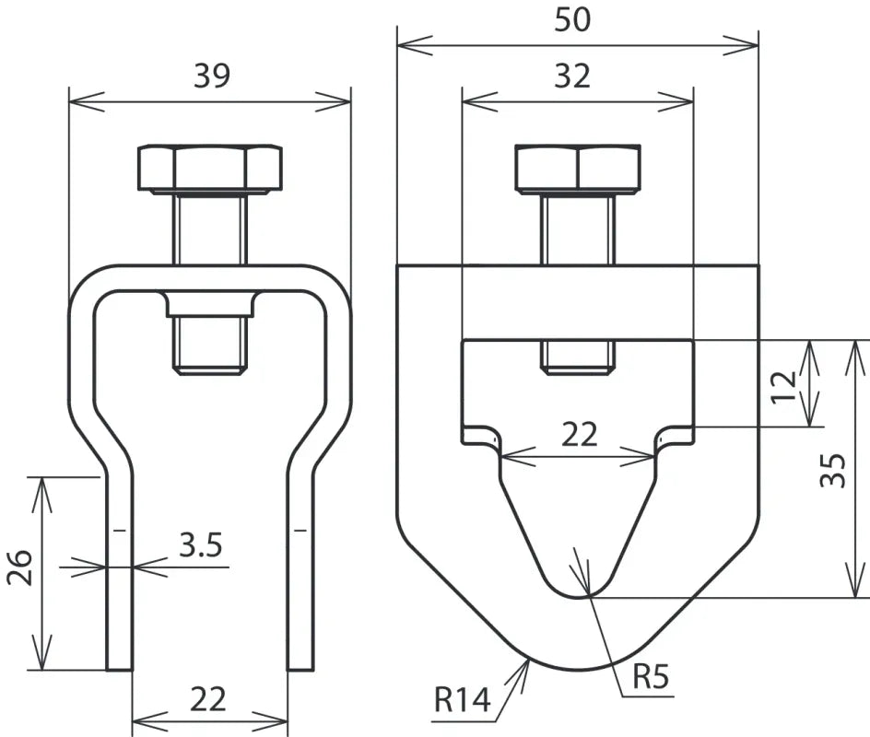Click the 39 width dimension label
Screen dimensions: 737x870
click(212, 76)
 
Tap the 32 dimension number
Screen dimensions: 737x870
click(572, 76)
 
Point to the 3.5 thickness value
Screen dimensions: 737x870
click(200, 546)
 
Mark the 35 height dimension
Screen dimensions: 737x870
click(832, 469)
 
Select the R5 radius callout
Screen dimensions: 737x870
click(651, 678)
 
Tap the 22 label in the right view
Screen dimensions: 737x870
click(580, 434)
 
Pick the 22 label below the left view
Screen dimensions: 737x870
click(208, 699)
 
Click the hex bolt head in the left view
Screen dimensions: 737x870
click(209, 168)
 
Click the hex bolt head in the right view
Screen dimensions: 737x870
click(578, 168)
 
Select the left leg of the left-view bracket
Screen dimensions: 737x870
click(119, 571)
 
